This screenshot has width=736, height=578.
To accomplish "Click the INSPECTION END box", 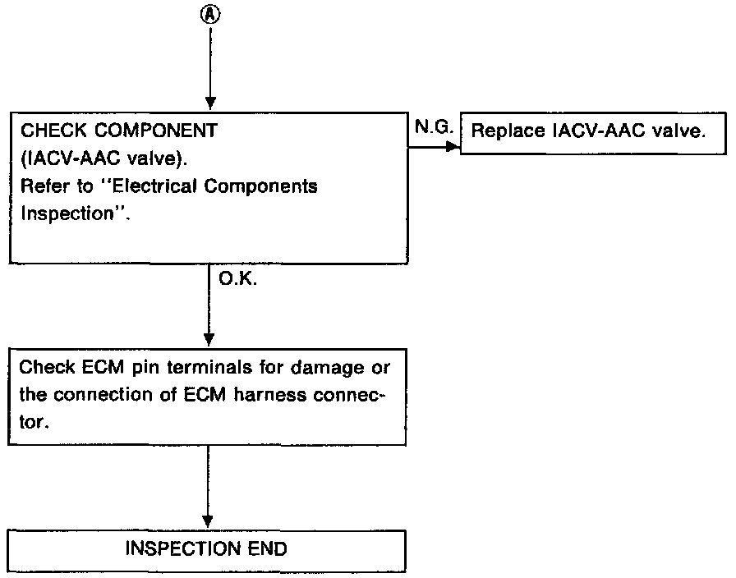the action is coord(207,548).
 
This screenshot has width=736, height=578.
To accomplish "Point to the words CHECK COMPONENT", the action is coord(119,130).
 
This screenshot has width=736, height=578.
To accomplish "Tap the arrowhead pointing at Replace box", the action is coord(453,147).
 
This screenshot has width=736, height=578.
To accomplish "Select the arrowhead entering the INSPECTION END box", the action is coord(208,522).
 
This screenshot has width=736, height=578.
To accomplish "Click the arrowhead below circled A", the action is coord(210,103).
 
